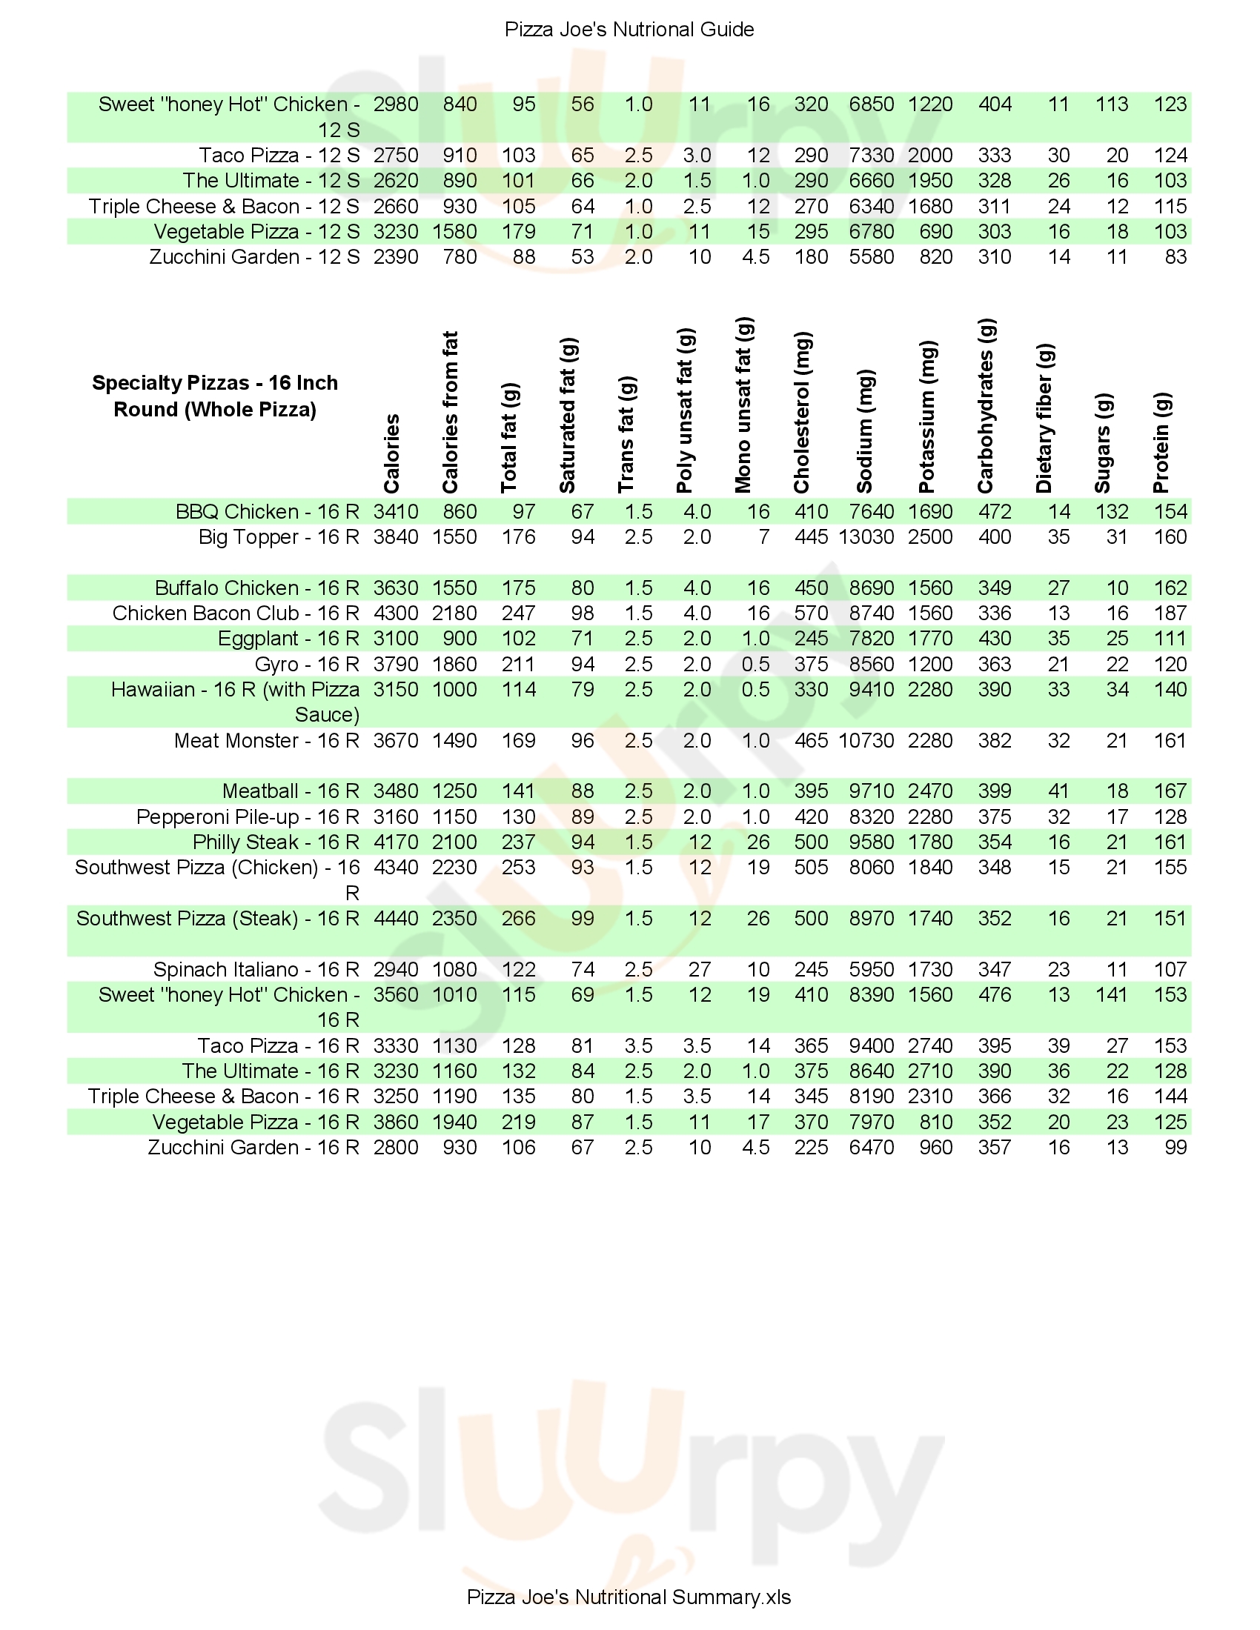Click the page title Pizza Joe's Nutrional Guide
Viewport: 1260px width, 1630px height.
(x=629, y=30)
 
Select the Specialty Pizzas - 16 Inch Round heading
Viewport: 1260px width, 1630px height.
(x=215, y=396)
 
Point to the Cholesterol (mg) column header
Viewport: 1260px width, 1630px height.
(x=803, y=413)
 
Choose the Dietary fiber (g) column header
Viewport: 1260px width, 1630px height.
(x=1045, y=419)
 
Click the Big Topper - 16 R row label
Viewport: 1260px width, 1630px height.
(x=279, y=537)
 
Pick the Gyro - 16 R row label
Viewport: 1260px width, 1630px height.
(x=307, y=665)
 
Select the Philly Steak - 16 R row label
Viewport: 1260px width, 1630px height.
(x=276, y=842)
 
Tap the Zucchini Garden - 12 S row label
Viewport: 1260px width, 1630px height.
(x=253, y=258)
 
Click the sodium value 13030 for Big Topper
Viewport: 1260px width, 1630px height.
(x=866, y=537)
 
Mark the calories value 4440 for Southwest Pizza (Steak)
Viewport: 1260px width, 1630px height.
(x=396, y=919)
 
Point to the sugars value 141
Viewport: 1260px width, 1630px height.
(x=1111, y=995)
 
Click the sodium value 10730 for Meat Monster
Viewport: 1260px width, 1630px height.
(x=866, y=740)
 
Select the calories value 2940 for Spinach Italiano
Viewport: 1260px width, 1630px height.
(x=396, y=970)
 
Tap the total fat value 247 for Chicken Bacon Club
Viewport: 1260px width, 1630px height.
(x=518, y=613)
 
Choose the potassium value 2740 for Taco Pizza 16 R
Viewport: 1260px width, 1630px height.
(x=930, y=1045)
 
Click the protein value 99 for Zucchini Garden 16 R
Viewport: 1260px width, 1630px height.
(x=1175, y=1147)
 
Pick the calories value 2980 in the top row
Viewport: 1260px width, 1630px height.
(x=396, y=104)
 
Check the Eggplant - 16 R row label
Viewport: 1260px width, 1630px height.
(x=288, y=639)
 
